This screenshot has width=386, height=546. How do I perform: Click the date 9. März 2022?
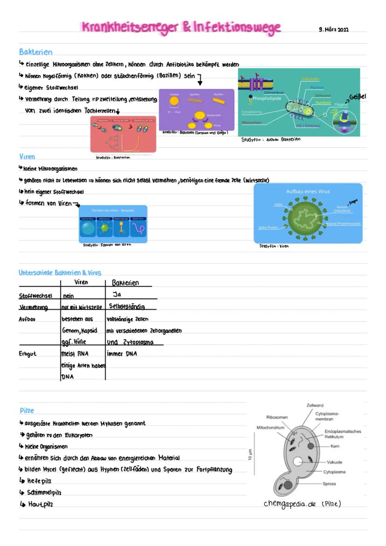tap(334, 30)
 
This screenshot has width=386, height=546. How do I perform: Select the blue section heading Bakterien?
tap(35, 52)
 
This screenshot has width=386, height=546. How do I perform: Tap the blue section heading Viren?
tap(27, 157)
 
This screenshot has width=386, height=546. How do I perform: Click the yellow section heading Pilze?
tap(27, 411)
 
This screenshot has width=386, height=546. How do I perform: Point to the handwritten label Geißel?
tap(358, 97)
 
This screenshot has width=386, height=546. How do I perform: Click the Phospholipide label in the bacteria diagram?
tap(267, 98)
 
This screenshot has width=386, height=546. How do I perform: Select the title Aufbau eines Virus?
tap(307, 191)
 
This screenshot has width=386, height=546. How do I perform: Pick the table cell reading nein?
tap(69, 296)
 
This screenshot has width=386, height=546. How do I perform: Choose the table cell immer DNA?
tap(122, 354)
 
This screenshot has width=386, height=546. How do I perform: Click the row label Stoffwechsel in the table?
tap(35, 296)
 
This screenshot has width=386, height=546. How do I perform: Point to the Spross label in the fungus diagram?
tap(329, 484)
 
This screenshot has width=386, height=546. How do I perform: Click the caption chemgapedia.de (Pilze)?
tap(302, 504)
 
